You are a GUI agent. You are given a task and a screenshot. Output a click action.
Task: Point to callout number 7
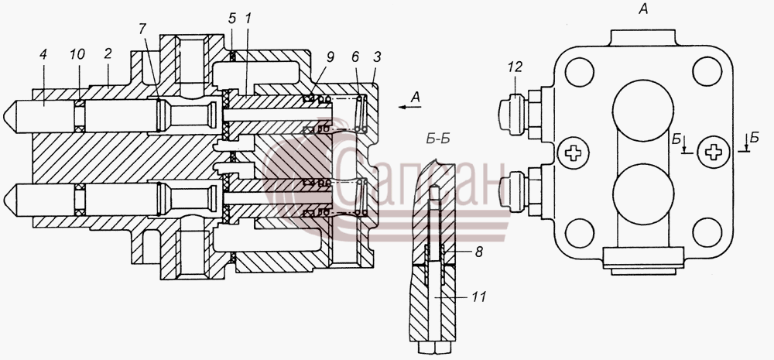click(x=142, y=29)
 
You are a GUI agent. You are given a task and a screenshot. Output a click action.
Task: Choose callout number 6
click(x=356, y=57)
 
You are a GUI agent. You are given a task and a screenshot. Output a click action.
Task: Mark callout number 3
click(x=377, y=57)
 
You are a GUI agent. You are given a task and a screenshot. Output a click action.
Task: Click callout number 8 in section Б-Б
click(x=478, y=252)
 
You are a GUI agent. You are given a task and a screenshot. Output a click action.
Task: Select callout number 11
click(x=479, y=297)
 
